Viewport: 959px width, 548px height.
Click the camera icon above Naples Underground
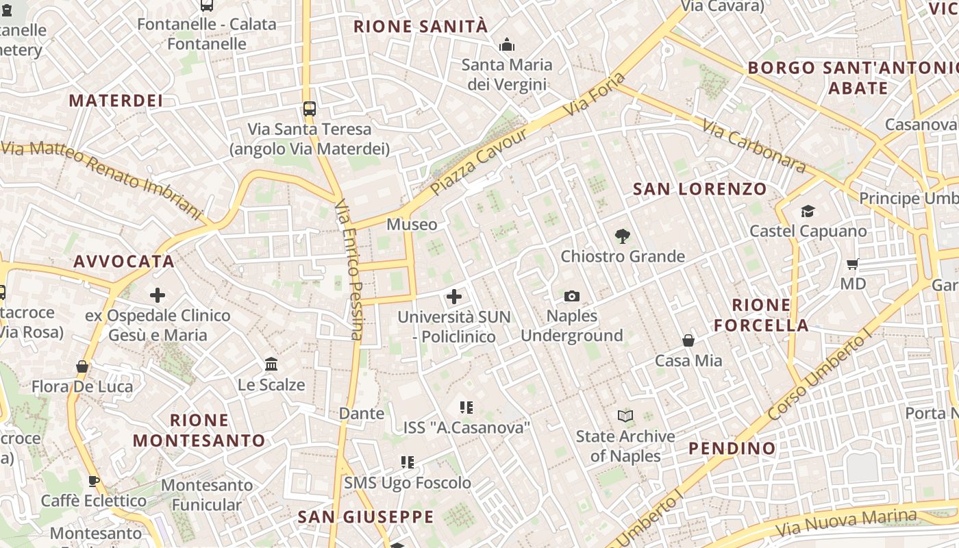coord(572,296)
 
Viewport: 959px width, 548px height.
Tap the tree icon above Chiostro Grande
coord(622,236)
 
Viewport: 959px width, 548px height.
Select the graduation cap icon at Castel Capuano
coord(808,211)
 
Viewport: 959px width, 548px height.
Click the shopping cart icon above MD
coord(853,264)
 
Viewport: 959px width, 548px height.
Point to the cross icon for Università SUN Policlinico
coord(454,297)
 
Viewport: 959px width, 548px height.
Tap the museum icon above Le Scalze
coord(271,364)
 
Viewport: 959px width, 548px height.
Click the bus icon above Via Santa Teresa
coord(310,108)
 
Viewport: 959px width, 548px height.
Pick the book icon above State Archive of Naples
coord(625,416)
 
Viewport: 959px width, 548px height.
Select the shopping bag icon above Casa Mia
coord(688,340)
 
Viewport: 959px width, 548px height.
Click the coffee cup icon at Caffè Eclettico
coord(94,480)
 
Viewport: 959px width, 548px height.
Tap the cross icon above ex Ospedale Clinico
coord(158,295)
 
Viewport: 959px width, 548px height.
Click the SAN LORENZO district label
coord(699,189)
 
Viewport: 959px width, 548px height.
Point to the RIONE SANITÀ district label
coord(421,27)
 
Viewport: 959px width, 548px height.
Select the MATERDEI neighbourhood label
coord(116,101)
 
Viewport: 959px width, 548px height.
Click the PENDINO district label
coord(732,449)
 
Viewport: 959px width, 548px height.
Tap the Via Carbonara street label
coord(754,145)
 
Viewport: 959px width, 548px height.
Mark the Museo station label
coord(412,225)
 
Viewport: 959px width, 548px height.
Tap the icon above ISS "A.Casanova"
coord(466,408)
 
